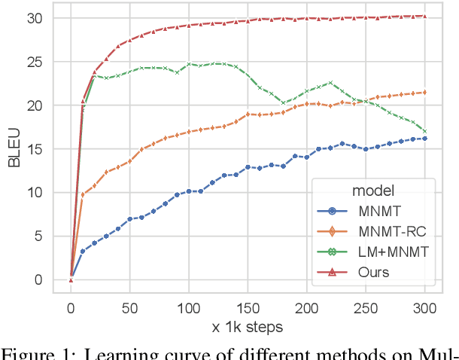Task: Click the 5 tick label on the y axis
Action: click(x=47, y=236)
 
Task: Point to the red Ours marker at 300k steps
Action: click(x=424, y=16)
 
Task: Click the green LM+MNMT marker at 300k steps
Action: click(x=424, y=131)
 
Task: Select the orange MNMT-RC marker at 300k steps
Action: click(x=424, y=93)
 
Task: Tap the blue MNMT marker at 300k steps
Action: click(x=424, y=139)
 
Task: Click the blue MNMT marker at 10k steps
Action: click(x=83, y=251)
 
